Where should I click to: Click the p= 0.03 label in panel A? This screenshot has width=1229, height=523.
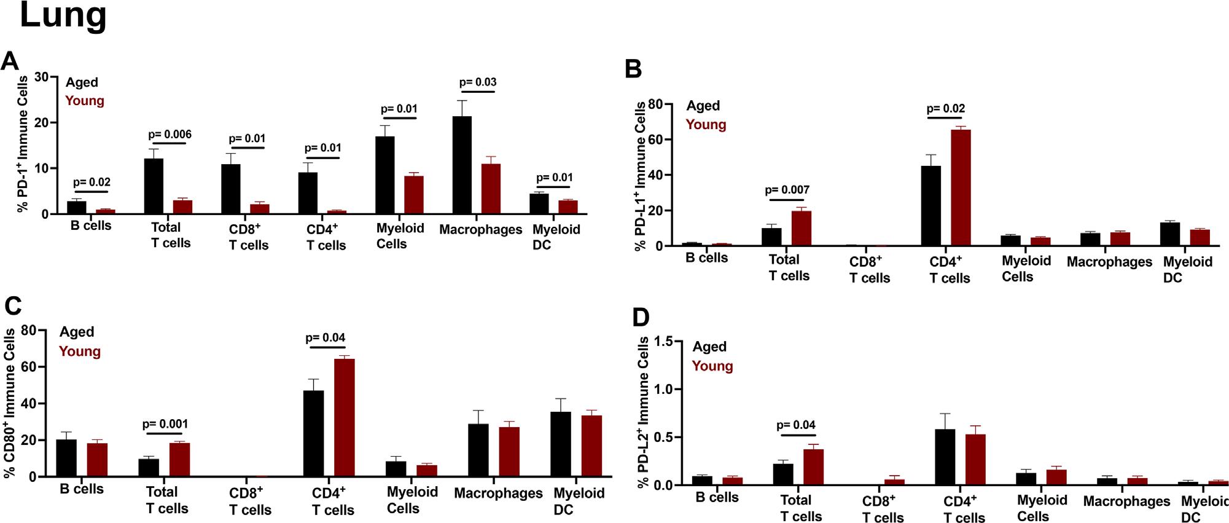(478, 82)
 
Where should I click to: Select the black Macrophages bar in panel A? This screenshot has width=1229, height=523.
(462, 165)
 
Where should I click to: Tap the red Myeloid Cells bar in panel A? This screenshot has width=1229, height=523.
(413, 195)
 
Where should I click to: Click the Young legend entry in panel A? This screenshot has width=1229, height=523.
(85, 101)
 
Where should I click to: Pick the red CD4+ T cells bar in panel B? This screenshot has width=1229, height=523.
(961, 187)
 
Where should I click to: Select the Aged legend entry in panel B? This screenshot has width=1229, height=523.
(703, 106)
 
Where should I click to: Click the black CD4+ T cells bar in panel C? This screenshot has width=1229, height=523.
(314, 433)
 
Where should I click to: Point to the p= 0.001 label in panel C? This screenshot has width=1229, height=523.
(165, 424)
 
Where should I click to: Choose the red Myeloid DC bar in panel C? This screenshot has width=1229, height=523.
(591, 446)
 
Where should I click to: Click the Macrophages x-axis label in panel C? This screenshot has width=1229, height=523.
(498, 494)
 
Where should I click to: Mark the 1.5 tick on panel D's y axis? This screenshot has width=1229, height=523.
(666, 341)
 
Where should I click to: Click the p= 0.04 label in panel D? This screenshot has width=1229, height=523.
(796, 425)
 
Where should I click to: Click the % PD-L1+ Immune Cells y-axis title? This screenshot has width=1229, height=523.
(641, 176)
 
